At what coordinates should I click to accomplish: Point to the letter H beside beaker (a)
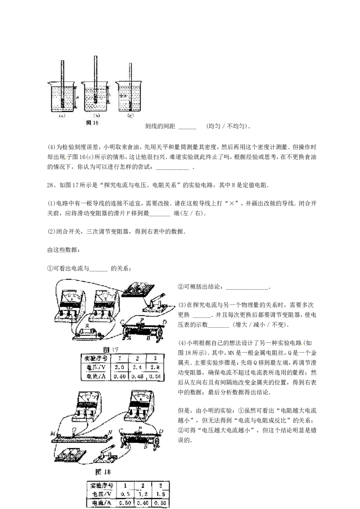tap(77, 97)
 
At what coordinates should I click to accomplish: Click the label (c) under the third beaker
tap(130, 116)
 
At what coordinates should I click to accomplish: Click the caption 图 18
tap(103, 472)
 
